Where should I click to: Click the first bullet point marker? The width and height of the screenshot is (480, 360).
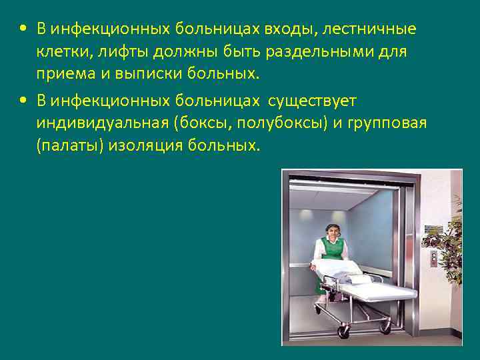[x=23, y=29]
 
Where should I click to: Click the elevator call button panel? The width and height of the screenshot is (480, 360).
[x=434, y=256]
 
